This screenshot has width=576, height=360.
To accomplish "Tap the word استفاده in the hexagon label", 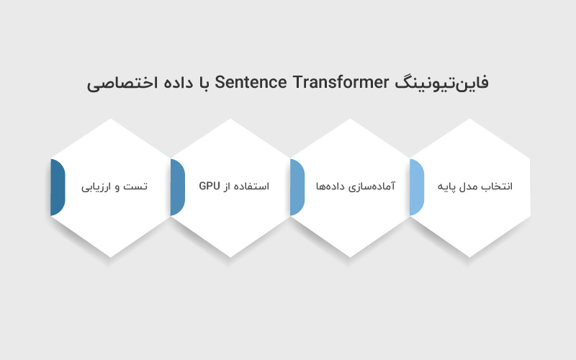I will click(x=253, y=186).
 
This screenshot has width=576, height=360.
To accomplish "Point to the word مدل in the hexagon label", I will click(x=470, y=186).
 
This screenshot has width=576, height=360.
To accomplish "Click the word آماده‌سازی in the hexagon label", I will click(x=374, y=186).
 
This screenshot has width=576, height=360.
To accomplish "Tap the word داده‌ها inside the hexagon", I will click(x=331, y=186).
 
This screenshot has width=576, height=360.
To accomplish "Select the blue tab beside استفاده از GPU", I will click(x=177, y=187).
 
